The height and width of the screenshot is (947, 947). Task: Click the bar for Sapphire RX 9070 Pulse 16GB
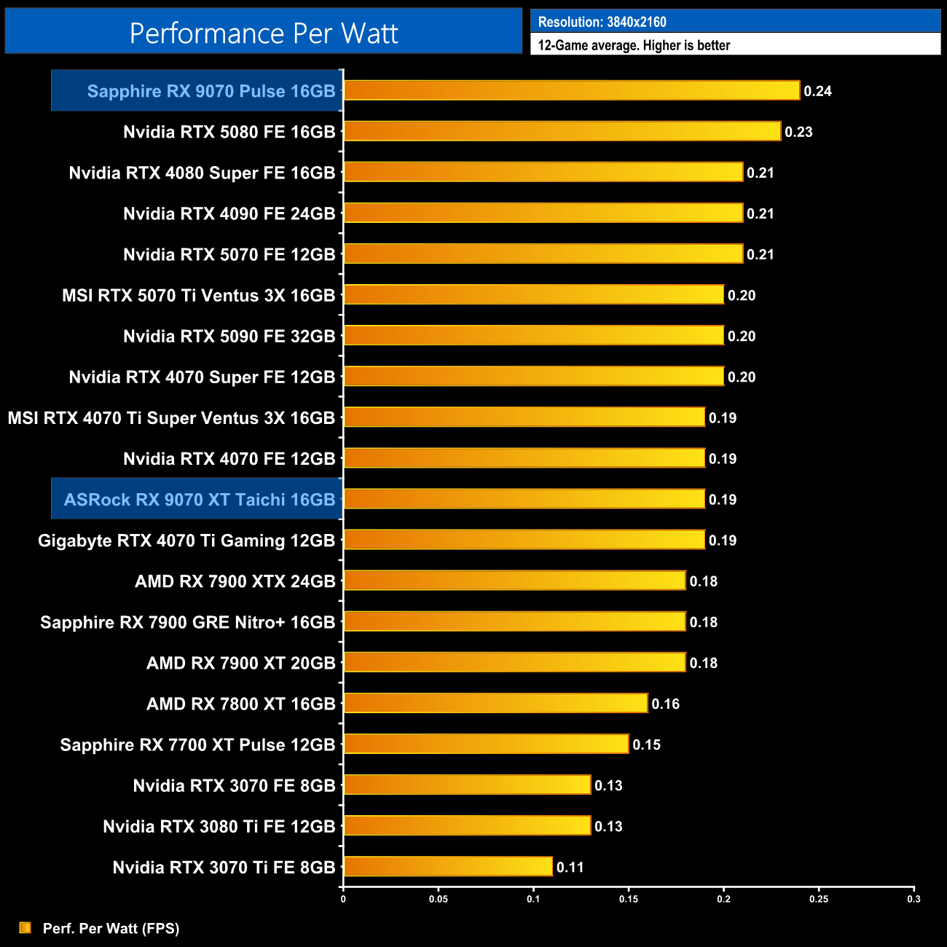(x=572, y=90)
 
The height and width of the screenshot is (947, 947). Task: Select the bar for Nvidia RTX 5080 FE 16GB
(x=562, y=131)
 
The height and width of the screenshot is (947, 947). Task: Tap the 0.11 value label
(x=570, y=867)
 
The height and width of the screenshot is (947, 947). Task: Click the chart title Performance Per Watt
(x=264, y=33)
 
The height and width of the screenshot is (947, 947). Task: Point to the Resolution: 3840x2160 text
(x=602, y=22)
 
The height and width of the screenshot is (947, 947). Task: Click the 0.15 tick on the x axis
(x=629, y=899)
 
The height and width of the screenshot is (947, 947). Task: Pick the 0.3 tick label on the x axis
(x=913, y=899)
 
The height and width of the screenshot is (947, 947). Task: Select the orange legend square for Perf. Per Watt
(x=25, y=927)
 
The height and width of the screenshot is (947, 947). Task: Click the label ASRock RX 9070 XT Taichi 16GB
(x=200, y=500)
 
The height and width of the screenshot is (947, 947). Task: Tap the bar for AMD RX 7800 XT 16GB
(x=495, y=703)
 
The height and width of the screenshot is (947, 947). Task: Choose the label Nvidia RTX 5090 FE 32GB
(x=229, y=337)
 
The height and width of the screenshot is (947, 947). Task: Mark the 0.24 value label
(x=817, y=91)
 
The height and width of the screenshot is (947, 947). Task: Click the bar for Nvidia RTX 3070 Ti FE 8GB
(x=448, y=866)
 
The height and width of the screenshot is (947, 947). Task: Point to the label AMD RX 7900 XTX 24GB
(x=235, y=581)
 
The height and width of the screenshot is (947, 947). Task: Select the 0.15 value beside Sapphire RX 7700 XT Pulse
(x=646, y=744)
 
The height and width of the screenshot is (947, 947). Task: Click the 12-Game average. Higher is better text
(x=634, y=45)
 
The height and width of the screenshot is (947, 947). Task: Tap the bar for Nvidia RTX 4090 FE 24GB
(x=543, y=213)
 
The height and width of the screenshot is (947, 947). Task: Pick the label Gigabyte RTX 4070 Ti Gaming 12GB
(x=186, y=541)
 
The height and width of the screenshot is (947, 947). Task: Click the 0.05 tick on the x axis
(x=439, y=899)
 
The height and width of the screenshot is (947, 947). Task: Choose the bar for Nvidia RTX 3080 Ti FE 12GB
(x=467, y=825)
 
